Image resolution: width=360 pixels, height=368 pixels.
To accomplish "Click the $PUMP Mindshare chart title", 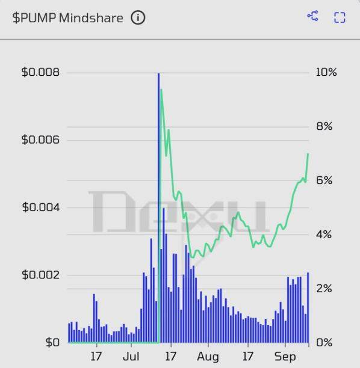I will tap(67, 17).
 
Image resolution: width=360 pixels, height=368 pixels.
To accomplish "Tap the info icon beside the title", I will tap(138, 17).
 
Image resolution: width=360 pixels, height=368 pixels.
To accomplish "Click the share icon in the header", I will tap(312, 16).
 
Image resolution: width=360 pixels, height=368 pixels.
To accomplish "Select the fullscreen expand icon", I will tap(340, 17).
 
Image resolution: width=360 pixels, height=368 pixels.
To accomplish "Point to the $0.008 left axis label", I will tap(40, 72).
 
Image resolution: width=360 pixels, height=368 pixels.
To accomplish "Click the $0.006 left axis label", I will tap(40, 140).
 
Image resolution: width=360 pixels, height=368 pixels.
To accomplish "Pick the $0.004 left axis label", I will tap(40, 207).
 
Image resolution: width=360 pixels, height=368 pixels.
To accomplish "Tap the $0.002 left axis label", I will tap(40, 275).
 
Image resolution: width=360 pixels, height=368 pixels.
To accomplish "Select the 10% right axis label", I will tap(326, 72).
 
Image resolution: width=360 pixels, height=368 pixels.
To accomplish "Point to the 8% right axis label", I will tap(323, 126).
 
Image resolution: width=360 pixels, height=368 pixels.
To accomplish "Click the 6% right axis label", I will tap(323, 180).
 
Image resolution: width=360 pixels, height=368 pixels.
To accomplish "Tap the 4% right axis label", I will tap(323, 235).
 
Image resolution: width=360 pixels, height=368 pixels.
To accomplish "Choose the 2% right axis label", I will tap(323, 289).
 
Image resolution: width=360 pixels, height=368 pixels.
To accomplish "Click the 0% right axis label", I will tap(323, 342).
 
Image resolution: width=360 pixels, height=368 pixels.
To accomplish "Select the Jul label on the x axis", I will tap(131, 357).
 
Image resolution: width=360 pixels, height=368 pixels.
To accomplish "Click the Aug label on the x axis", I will tap(207, 357).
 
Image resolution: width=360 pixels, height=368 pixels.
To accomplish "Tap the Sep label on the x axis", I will tap(285, 357).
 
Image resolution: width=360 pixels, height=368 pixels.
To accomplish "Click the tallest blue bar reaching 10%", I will tap(158, 180).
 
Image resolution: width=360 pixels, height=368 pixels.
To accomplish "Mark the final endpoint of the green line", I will tap(308, 153).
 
